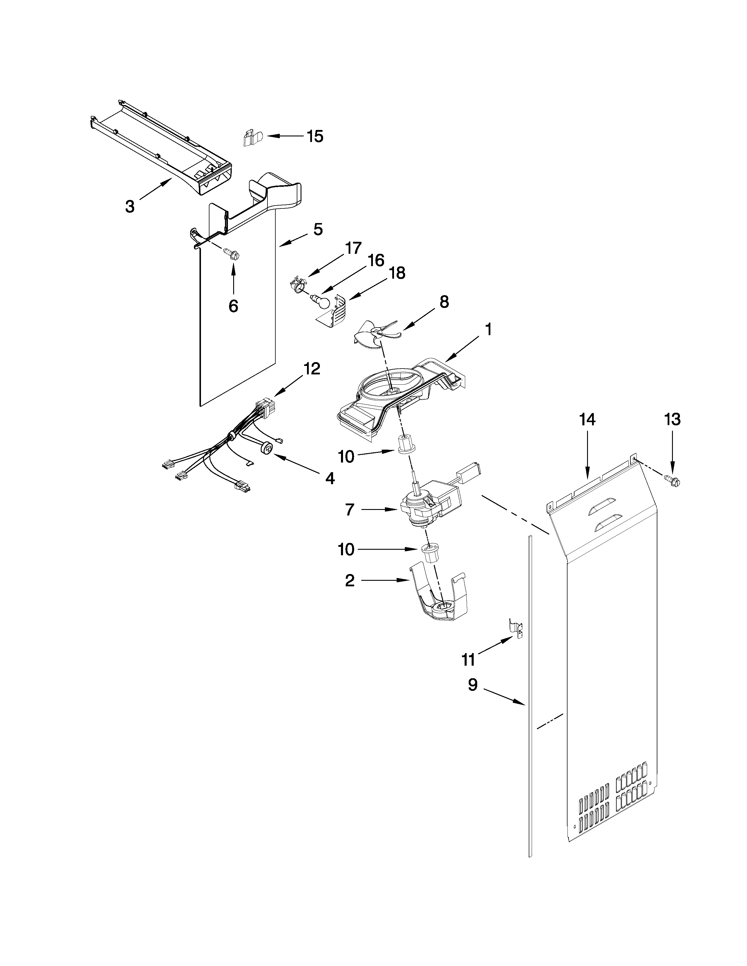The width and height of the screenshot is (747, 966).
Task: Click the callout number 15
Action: pos(315,136)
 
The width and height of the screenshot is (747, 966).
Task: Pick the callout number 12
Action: pos(312,369)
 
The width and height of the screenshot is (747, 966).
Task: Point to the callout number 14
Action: pos(587,419)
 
